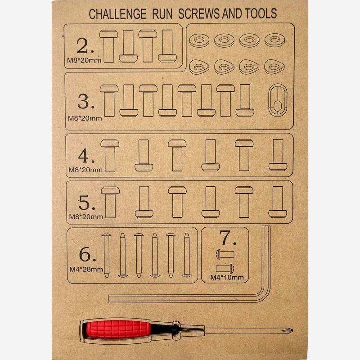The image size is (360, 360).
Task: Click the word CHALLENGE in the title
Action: [117, 14]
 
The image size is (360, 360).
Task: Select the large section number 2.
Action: [85, 45]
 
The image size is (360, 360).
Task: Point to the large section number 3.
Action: [86, 101]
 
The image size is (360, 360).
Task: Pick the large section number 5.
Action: [87, 202]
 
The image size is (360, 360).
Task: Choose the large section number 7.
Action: [227, 238]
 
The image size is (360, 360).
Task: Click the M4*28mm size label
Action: [86, 269]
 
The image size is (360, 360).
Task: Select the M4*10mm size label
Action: [227, 277]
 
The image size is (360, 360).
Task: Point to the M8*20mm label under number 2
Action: [84, 60]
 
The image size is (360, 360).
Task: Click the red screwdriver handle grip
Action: [117, 329]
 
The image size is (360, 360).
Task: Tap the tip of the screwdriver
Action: [292, 331]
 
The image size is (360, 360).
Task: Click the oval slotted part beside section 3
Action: [278, 100]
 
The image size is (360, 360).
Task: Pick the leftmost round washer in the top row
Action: [199, 40]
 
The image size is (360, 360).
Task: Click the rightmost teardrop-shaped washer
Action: [274, 67]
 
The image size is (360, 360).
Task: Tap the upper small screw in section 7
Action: [225, 254]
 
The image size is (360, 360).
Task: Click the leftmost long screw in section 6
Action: [107, 255]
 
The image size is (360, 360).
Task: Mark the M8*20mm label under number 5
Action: [86, 216]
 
